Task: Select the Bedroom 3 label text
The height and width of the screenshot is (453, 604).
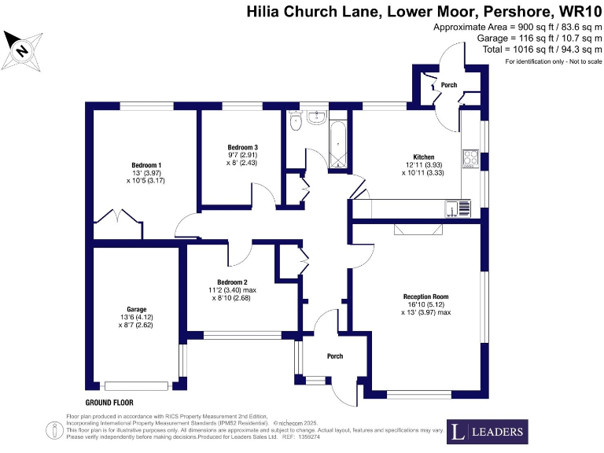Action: tap(243, 147)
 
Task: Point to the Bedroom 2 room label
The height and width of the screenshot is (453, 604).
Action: tap(232, 282)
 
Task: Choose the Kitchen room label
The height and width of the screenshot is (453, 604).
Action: tap(424, 157)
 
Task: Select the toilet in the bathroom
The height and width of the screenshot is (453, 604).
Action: tap(296, 121)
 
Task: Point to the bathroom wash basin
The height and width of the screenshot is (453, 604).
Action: tap(319, 118)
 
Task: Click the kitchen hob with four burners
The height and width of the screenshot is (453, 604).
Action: tap(470, 157)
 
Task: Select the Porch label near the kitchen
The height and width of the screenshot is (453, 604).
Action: tap(449, 84)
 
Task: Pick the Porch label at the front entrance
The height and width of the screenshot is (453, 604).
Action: tap(335, 356)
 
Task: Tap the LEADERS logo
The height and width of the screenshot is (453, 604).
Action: tap(488, 431)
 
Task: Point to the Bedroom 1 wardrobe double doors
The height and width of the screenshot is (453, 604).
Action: tap(119, 216)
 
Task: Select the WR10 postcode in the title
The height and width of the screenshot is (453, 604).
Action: tap(578, 11)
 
